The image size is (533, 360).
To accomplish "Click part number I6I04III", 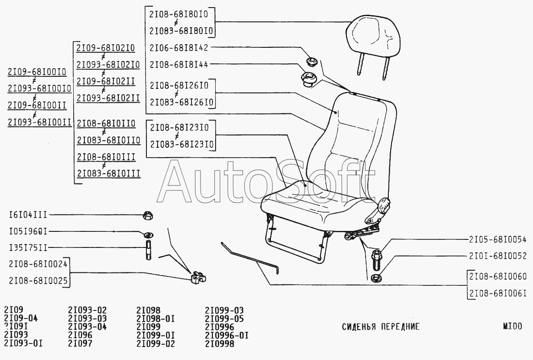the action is [28, 215].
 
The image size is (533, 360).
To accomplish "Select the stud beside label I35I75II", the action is [147, 250].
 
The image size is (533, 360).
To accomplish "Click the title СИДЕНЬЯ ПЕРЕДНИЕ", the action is [381, 327].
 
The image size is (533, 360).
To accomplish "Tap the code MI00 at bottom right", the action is [512, 327].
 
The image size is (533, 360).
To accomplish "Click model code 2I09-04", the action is [21, 318].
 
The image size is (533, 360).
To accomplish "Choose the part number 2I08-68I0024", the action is [37, 264].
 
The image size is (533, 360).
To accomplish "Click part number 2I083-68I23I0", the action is [182, 145].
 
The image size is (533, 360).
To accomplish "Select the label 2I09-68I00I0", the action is [37, 72].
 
